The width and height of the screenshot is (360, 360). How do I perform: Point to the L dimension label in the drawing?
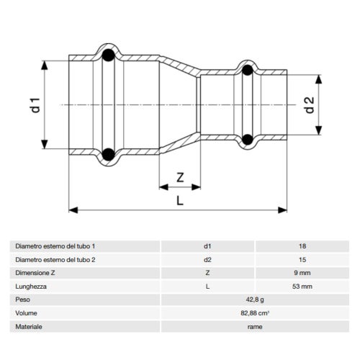179,199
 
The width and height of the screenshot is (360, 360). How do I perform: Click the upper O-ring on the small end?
248,70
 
